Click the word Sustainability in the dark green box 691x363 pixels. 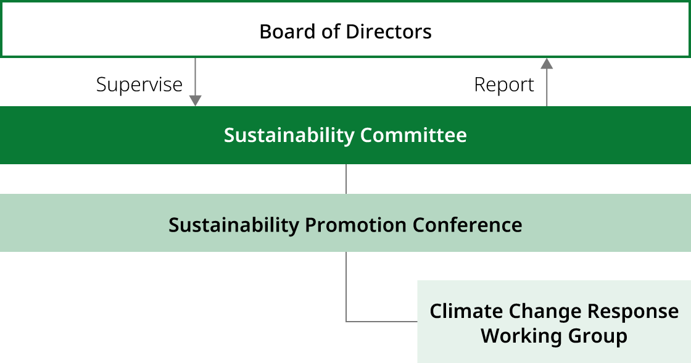289,135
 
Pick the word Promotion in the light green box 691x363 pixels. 356,225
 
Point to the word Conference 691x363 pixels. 467,225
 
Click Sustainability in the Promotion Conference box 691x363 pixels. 234,225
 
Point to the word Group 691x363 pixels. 595,336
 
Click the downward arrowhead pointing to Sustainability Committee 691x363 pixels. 195,101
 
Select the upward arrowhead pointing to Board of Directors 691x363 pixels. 546,63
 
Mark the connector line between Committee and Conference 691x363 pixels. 345,179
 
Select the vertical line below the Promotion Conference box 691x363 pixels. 345,284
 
